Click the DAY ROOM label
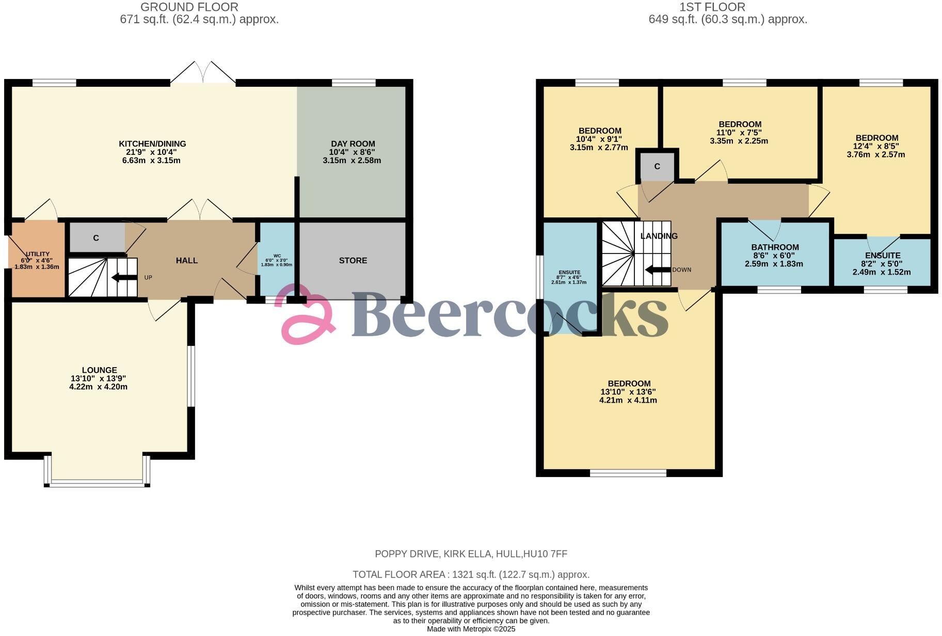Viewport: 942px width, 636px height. point(353,144)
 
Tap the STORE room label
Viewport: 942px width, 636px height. point(353,261)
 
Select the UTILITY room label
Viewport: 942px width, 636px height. point(38,254)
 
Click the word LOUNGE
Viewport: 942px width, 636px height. point(99,370)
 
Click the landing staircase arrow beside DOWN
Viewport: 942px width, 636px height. point(657,269)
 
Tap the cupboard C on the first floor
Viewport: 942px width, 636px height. point(657,167)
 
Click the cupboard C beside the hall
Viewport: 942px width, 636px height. point(96,238)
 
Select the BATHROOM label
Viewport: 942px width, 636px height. point(775,247)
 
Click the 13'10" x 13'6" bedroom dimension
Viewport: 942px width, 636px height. point(628,392)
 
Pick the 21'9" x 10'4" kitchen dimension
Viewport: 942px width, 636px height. point(152,152)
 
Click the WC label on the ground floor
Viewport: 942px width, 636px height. point(277,256)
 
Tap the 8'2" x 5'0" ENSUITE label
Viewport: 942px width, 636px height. point(882,256)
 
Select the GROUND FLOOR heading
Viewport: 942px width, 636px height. point(189,7)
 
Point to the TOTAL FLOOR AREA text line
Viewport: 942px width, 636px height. point(471,575)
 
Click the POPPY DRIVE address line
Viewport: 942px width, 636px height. point(471,554)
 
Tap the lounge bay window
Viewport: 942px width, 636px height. point(97,483)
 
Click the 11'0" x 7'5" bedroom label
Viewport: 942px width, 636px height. point(739,133)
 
